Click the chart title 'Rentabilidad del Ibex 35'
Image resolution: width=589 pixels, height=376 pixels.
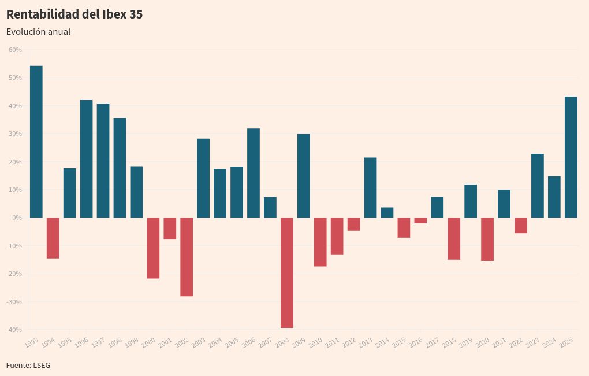pyautogui.click(x=74, y=14)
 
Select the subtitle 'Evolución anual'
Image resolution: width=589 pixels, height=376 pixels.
pyautogui.click(x=38, y=32)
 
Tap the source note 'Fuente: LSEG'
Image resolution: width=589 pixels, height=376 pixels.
pyautogui.click(x=28, y=365)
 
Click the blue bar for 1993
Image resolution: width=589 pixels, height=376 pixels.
pyautogui.click(x=36, y=142)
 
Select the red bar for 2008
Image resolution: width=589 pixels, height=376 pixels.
pyautogui.click(x=286, y=272)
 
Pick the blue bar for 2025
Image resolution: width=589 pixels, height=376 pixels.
pyautogui.click(x=571, y=157)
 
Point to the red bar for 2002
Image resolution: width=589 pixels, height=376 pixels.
pyautogui.click(x=187, y=257)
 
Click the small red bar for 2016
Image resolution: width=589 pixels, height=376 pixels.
pyautogui.click(x=420, y=220)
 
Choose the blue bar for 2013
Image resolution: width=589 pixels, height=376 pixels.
pyautogui.click(x=370, y=187)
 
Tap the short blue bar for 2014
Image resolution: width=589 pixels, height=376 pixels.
pyautogui.click(x=387, y=212)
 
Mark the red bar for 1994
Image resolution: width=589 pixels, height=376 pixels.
pyautogui.click(x=53, y=238)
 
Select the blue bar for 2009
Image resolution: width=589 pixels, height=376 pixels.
pyautogui.click(x=303, y=176)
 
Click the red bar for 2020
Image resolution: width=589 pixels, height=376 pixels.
pyautogui.click(x=487, y=239)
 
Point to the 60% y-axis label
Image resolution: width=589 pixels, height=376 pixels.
pyautogui.click(x=15, y=50)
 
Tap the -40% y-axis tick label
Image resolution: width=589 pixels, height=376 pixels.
pyautogui.click(x=14, y=330)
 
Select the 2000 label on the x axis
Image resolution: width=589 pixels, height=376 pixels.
pyautogui.click(x=148, y=342)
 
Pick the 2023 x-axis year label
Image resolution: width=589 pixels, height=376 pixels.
pyautogui.click(x=532, y=342)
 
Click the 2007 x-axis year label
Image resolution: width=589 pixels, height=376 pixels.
pyautogui.click(x=265, y=342)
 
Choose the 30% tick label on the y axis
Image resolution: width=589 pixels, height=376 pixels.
pyautogui.click(x=15, y=134)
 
